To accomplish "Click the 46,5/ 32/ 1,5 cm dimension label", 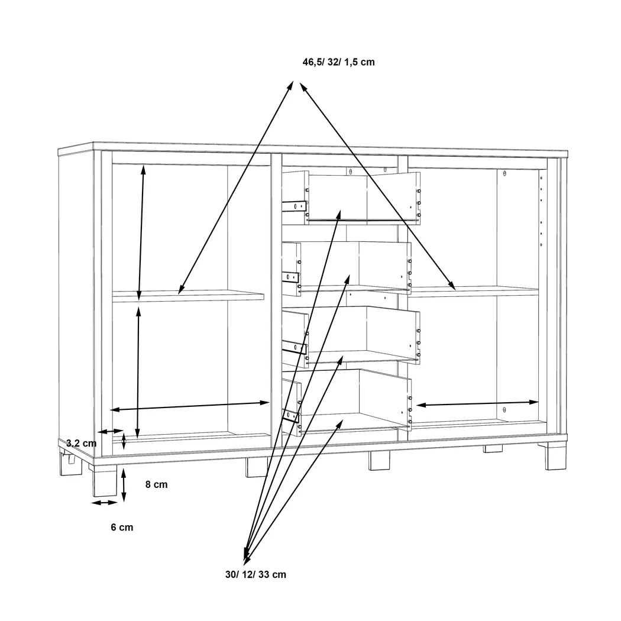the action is tap(339, 62).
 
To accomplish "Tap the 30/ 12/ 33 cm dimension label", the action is tap(255, 575).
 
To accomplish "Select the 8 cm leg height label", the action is tap(157, 484).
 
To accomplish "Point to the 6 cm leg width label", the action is tap(122, 527).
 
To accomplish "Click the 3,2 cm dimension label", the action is tap(81, 443).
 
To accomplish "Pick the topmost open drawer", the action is tap(351, 198).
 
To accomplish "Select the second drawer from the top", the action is tap(347, 268).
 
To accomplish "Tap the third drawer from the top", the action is tap(351, 336).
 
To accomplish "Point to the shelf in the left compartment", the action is tap(188, 296).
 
